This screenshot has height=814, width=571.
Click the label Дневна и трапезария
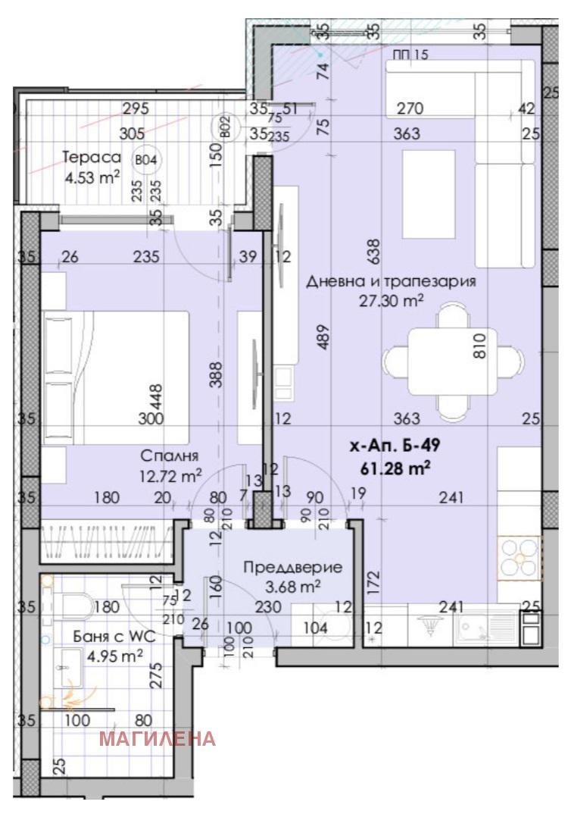point(391,282)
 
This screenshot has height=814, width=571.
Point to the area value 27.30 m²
point(391,301)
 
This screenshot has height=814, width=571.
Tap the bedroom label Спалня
point(170,456)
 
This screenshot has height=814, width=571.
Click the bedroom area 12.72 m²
point(170,476)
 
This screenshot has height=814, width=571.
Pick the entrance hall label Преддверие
point(292,566)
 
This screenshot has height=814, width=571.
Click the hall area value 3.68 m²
point(292,585)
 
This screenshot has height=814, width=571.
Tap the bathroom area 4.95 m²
point(114,656)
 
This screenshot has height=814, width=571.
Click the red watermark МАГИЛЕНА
point(158,738)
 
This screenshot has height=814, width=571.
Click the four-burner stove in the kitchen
point(518,559)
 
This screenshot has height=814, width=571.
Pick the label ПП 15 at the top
point(410,54)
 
